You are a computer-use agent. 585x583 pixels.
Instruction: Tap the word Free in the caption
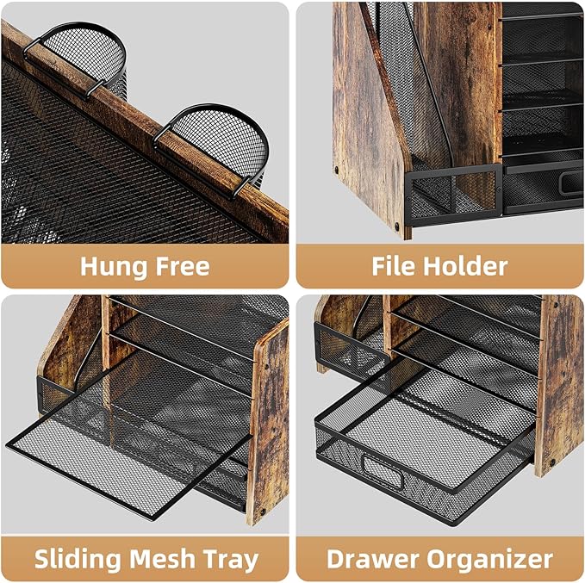179,266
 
